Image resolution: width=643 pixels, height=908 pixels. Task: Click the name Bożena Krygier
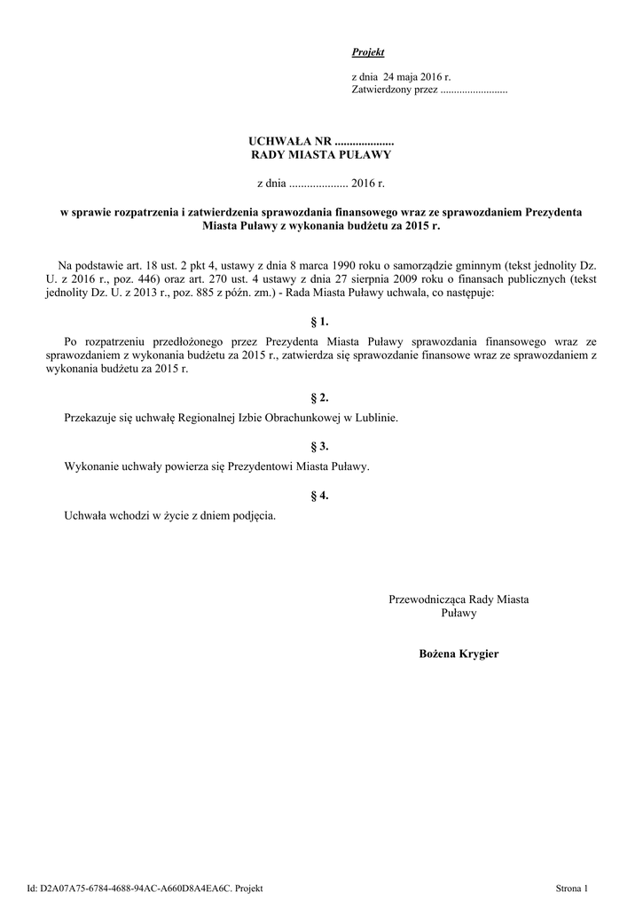point(459,654)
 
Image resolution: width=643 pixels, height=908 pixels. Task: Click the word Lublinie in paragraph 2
point(377,416)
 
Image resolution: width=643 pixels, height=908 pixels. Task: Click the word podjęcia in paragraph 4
point(252,514)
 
